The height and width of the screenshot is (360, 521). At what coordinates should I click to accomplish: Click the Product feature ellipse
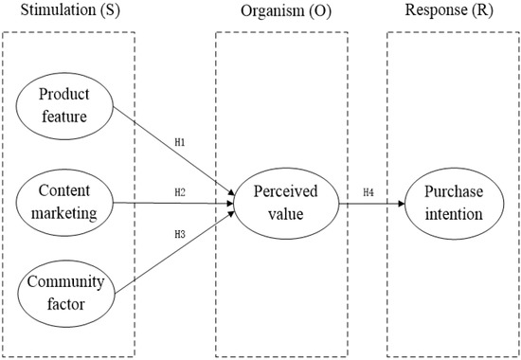click(x=66, y=107)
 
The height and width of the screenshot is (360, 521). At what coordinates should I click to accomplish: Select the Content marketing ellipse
click(x=66, y=202)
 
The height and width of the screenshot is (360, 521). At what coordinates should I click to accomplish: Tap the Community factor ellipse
click(x=66, y=293)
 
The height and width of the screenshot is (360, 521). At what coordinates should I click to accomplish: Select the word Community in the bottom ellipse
click(x=66, y=282)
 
